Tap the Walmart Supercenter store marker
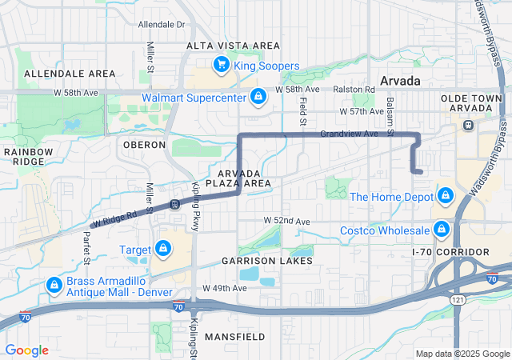(x=258, y=98)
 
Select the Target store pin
(x=163, y=250)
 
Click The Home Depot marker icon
(x=445, y=196)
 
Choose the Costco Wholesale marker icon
(x=440, y=230)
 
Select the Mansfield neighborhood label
(x=234, y=337)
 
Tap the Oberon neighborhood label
(x=144, y=145)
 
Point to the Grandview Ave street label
(x=349, y=134)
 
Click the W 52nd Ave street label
(x=286, y=220)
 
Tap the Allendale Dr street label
(x=162, y=25)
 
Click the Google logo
(x=27, y=350)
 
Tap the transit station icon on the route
(x=174, y=204)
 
